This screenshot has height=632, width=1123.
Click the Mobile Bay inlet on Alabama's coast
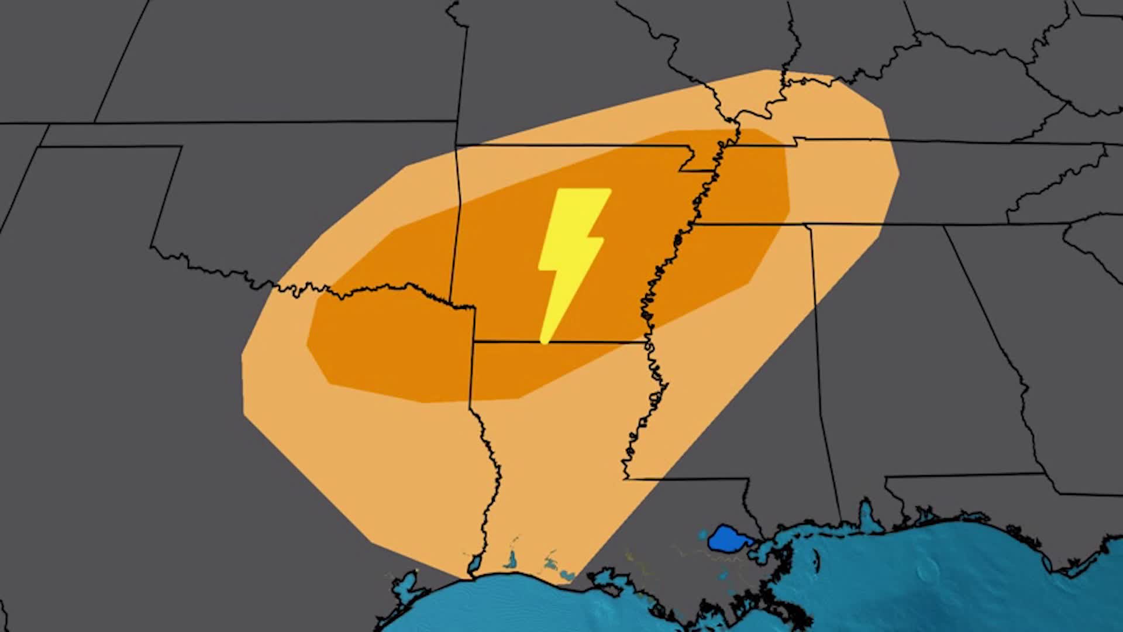click(x=866, y=515)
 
